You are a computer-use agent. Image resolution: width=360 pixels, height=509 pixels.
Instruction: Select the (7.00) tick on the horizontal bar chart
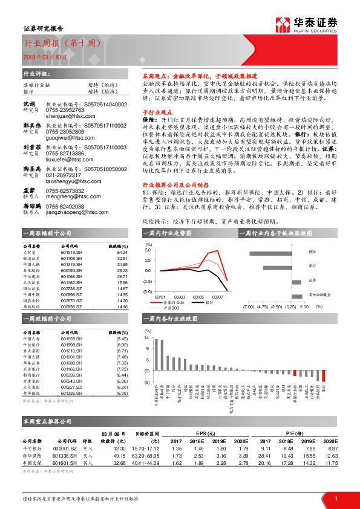(x=248, y=306)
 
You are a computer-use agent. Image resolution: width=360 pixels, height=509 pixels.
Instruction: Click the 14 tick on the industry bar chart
(x=147, y=338)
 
